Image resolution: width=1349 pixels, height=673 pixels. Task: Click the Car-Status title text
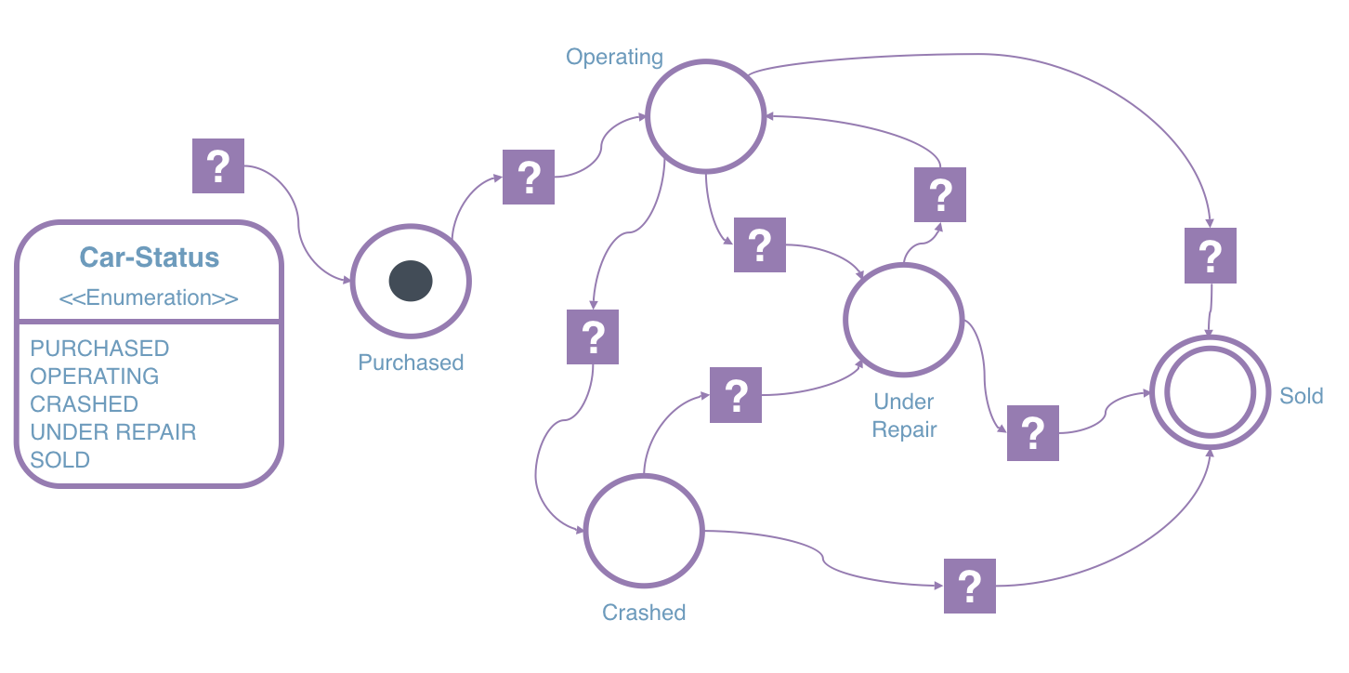tap(149, 257)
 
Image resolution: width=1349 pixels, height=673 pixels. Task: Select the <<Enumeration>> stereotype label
tap(149, 297)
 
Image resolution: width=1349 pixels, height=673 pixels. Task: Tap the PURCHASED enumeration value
tap(99, 349)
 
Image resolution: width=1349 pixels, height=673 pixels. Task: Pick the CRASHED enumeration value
tap(84, 404)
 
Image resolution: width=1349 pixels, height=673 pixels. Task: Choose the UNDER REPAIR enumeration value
tap(112, 432)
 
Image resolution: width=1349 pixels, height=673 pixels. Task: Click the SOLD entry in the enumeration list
tap(59, 460)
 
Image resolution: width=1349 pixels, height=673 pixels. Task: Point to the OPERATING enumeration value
tap(94, 376)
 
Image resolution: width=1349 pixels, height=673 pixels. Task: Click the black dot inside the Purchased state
tap(411, 282)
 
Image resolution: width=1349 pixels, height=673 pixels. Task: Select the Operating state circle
tap(705, 117)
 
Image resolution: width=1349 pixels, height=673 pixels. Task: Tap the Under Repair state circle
tap(903, 321)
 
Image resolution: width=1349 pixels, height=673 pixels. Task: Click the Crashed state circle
tap(643, 531)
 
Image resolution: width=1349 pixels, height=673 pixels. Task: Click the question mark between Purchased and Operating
tap(529, 177)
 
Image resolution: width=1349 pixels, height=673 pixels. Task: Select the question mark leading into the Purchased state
tap(218, 166)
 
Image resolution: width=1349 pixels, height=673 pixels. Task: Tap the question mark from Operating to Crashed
tap(593, 336)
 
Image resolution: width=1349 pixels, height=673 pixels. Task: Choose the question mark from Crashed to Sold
tap(970, 586)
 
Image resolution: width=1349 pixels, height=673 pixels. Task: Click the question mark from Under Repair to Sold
tap(1033, 433)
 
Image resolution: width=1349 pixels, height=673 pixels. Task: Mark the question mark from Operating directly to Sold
tap(1210, 256)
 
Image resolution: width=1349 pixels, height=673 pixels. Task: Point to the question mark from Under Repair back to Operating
tap(940, 195)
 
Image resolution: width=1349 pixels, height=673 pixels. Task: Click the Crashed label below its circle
tap(644, 613)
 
